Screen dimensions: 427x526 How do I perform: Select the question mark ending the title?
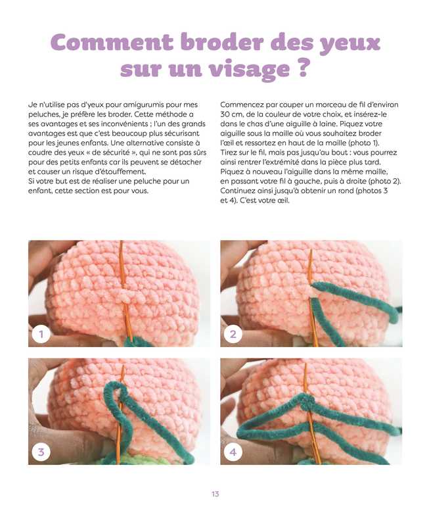pyautogui.click(x=303, y=68)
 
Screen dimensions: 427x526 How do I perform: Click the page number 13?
pyautogui.click(x=215, y=494)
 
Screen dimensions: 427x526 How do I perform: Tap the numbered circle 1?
pyautogui.click(x=41, y=334)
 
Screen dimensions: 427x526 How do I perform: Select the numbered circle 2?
pyautogui.click(x=233, y=334)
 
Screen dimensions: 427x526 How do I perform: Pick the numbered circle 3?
pyautogui.click(x=41, y=452)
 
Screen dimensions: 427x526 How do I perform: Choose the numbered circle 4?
pyautogui.click(x=233, y=452)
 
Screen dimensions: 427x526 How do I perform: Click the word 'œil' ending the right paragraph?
pyautogui.click(x=283, y=201)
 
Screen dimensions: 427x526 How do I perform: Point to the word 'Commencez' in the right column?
pyautogui.click(x=239, y=105)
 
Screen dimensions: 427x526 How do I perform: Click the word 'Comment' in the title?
pyautogui.click(x=112, y=42)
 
